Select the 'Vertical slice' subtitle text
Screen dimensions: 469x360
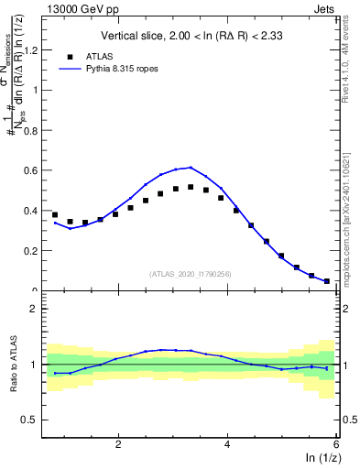coord(190,37)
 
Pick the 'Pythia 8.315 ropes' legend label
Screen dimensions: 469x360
coord(125,68)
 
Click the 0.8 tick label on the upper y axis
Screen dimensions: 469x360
coord(30,130)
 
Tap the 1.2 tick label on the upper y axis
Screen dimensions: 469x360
coord(30,49)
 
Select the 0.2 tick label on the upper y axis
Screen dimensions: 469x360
coord(30,251)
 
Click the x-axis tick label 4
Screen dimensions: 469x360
coord(227,444)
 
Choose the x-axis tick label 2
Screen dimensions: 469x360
coord(118,444)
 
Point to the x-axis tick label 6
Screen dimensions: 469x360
coord(336,444)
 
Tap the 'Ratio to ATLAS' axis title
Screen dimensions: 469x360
coord(14,365)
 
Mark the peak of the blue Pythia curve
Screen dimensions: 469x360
coord(191,168)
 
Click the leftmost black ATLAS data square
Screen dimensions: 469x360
coord(55,215)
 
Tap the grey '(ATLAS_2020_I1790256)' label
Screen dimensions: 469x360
coord(191,274)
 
